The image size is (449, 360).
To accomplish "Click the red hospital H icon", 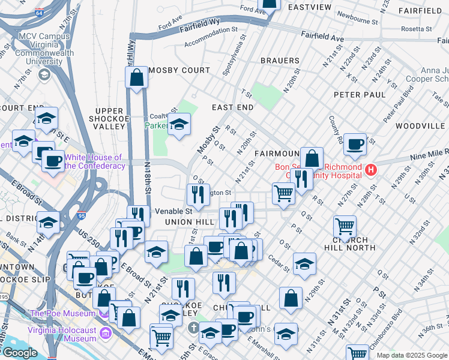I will point(371,170).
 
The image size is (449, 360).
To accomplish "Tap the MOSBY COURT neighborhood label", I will point(179,70).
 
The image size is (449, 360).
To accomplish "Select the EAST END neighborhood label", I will point(232,107).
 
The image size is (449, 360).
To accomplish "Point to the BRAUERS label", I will point(280,61).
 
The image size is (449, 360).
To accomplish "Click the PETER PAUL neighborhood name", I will point(360,95).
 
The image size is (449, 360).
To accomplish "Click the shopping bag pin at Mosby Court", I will point(137,77).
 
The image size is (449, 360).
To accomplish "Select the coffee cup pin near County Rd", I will point(355,144).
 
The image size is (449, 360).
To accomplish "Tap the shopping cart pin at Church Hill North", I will point(345,227).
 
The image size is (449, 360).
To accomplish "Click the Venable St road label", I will point(173,211).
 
